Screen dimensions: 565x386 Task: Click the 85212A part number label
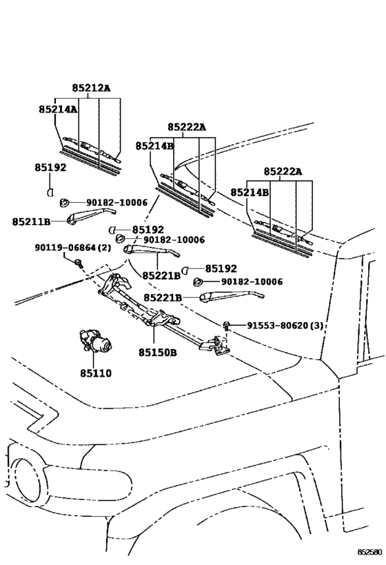(x=91, y=88)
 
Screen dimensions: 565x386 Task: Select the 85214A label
(x=57, y=109)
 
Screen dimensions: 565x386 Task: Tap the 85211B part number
(x=31, y=221)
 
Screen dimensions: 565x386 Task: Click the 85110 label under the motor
(x=96, y=373)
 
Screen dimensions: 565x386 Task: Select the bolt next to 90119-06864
(x=78, y=261)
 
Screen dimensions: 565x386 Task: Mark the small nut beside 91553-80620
(x=227, y=324)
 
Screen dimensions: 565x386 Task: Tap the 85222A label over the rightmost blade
(x=283, y=171)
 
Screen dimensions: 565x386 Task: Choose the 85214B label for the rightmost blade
(x=249, y=192)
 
